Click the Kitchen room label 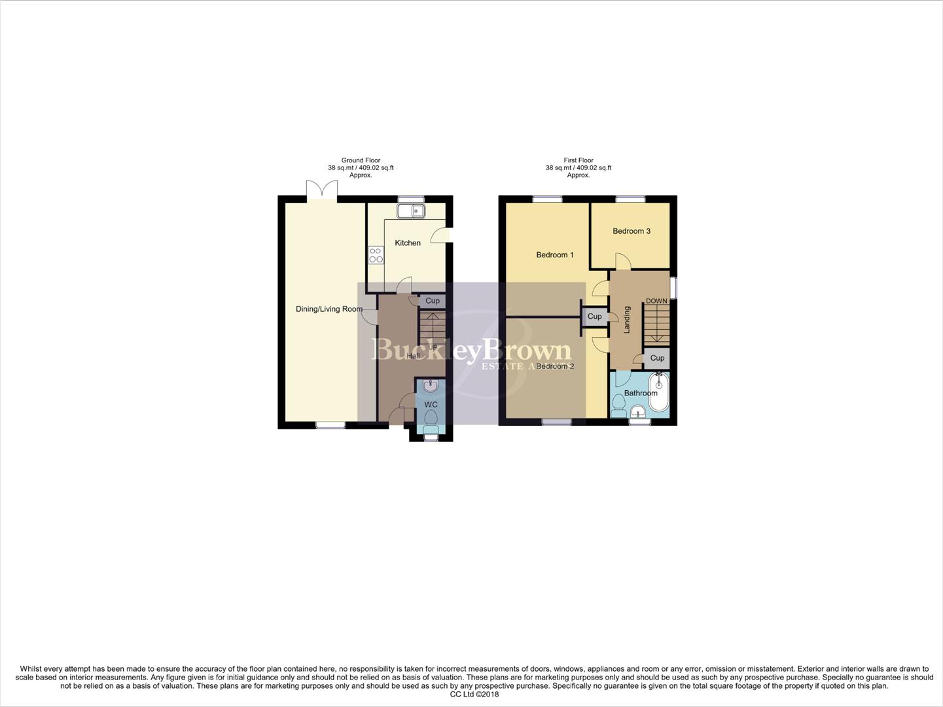coord(407,243)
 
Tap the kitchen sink coord(412,210)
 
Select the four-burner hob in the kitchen coord(376,255)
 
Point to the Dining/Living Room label coord(329,309)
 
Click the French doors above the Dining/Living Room coord(321,190)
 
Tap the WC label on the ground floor coord(431,405)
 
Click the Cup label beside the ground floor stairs coord(432,301)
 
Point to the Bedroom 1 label coord(554,255)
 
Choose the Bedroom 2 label coord(554,367)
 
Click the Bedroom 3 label coord(631,231)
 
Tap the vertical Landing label coord(626,320)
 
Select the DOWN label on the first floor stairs coord(656,301)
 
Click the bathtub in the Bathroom coord(658,391)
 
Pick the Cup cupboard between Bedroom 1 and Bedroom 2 coord(594,316)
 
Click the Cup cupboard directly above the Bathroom coord(657,358)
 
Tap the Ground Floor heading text coord(361,160)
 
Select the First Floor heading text coord(578,160)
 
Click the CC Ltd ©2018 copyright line coord(474,695)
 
